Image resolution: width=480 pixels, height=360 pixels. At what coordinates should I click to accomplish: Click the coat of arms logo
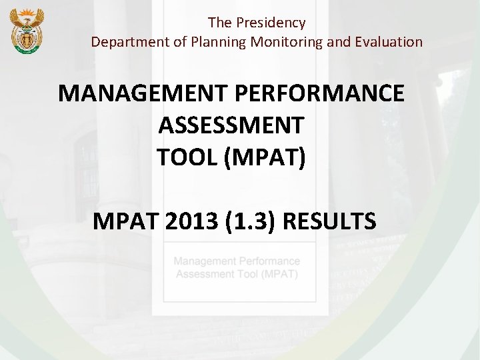[27, 31]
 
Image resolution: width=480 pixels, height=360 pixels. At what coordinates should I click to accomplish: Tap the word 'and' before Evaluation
[339, 42]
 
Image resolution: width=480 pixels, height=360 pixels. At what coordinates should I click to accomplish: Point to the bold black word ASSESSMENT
[231, 125]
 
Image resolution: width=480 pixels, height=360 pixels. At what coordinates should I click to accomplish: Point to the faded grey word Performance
[269, 261]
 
